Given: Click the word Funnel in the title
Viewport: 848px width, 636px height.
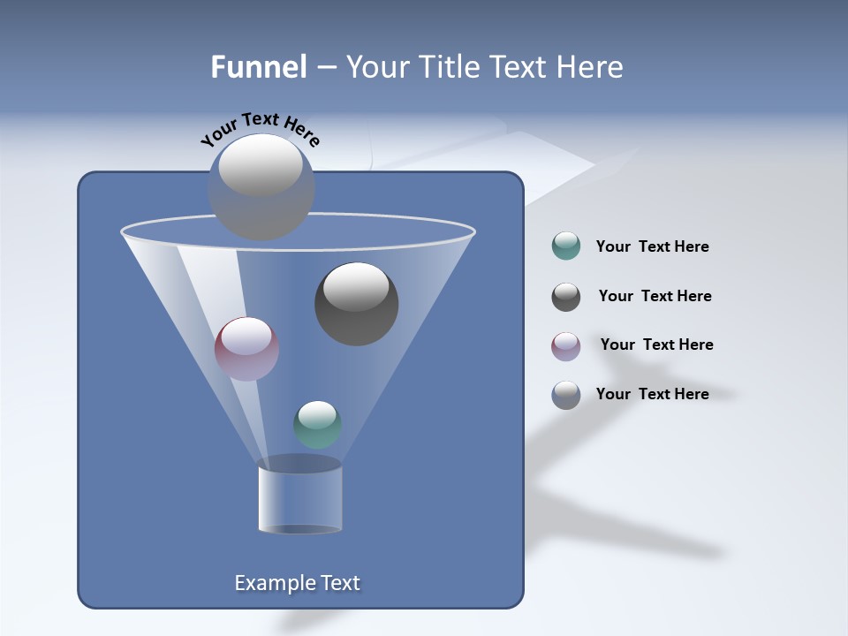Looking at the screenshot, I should point(258,67).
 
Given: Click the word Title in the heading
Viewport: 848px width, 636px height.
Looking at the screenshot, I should point(447,67).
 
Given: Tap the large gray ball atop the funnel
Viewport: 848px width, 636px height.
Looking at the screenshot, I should point(261,187).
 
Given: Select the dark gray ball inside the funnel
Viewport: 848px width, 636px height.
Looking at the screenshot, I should point(356,304).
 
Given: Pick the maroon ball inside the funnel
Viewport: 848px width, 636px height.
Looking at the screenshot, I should point(246,349).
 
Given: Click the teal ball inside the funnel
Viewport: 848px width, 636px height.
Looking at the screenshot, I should point(317,425).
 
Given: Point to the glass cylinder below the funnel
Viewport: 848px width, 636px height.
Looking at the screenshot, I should point(299,497).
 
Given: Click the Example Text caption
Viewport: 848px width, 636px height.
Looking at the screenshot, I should point(297,583).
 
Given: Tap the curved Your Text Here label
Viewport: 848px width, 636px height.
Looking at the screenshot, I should point(260,129).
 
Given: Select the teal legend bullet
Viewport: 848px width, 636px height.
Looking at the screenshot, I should point(565,246).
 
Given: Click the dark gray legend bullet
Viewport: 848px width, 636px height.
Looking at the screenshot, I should point(565,297).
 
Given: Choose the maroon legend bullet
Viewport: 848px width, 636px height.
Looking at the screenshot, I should point(565,345).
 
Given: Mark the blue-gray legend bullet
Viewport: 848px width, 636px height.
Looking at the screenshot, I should point(565,395).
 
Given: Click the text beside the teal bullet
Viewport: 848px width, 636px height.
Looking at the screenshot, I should point(652,247).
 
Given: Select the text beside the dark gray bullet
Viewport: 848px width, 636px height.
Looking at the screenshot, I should point(655,297).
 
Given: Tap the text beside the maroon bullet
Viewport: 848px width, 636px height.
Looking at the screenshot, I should point(656,345).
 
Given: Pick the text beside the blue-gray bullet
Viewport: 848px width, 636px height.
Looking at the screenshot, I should point(652,395).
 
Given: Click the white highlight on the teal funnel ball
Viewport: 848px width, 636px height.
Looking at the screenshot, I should point(317,413).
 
